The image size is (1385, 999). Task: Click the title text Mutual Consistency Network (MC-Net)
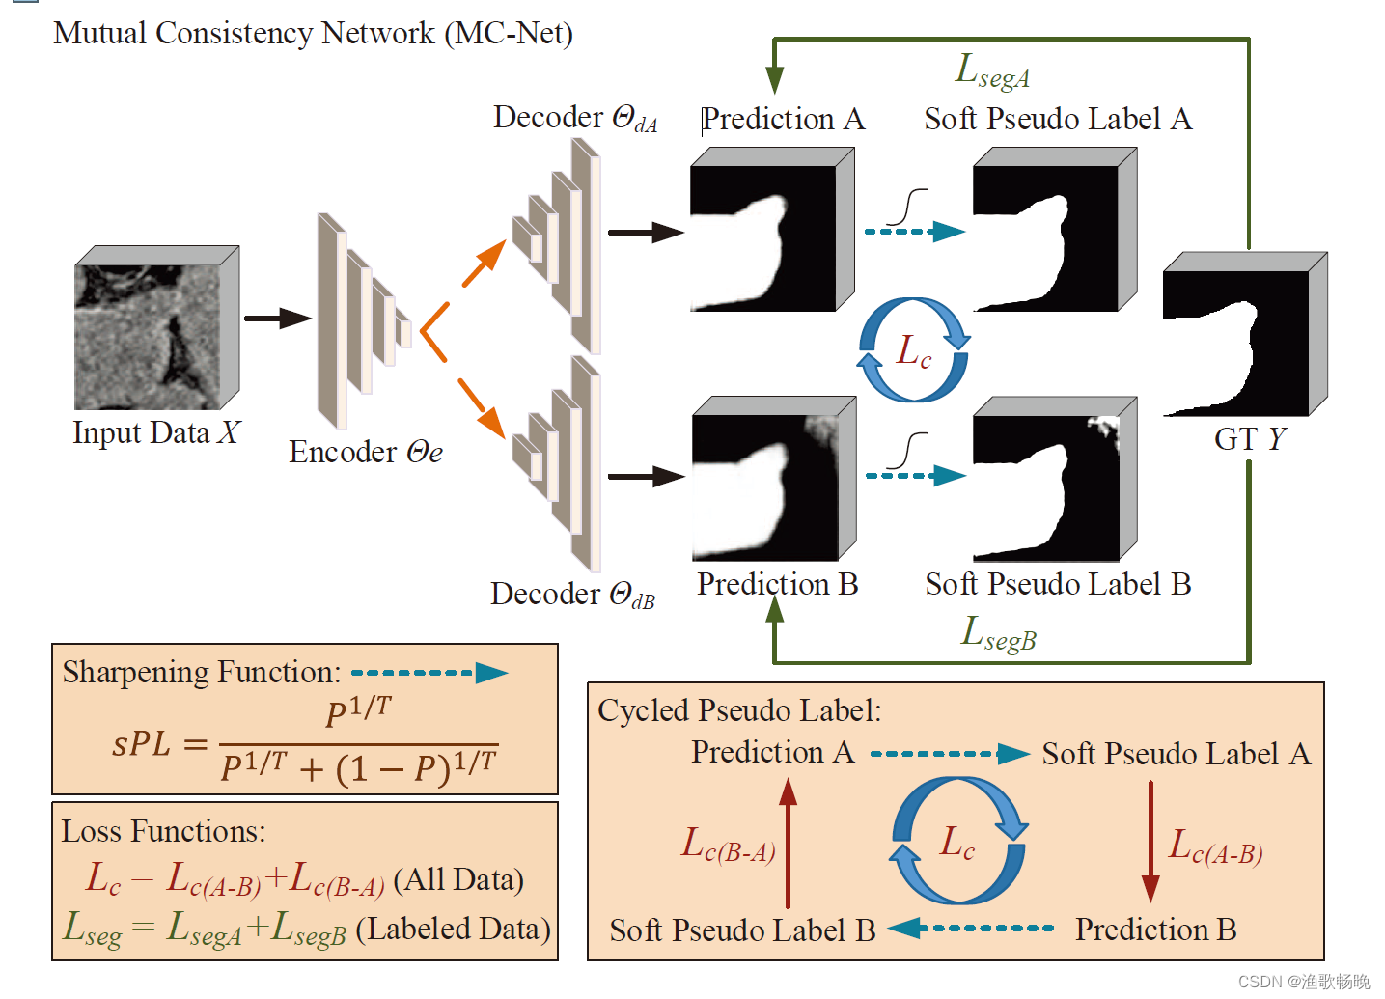pos(313,33)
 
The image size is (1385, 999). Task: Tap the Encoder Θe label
pos(365,452)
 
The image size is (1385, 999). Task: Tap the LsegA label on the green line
pos(992,70)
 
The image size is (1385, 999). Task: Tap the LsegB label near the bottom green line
pos(998,633)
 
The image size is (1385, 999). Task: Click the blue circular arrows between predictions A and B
pos(913,349)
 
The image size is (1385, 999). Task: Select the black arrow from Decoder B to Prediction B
pos(645,476)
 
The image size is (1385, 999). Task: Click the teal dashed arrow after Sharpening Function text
pos(429,673)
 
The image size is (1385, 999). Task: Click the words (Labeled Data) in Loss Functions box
pos(453,929)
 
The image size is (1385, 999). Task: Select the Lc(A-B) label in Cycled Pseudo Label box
pos(1215,846)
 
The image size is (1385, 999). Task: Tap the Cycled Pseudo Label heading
pos(739,710)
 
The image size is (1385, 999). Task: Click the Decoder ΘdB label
pos(571,594)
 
